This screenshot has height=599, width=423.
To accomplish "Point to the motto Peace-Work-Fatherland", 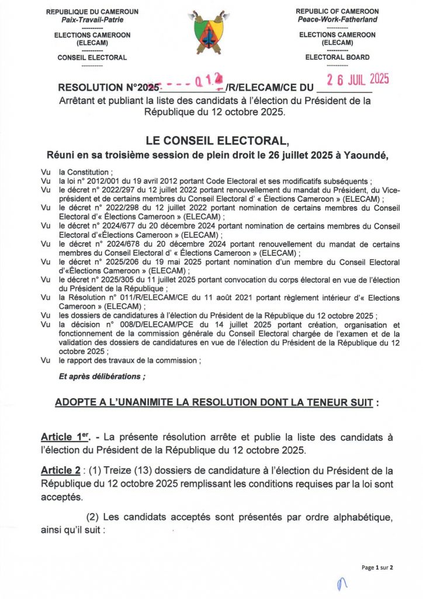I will click(337, 19).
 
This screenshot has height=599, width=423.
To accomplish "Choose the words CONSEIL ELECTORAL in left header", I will click(92, 57).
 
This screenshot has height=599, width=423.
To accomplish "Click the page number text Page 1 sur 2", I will click(377, 567).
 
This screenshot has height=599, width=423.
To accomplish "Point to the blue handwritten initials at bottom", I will click(341, 583).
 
